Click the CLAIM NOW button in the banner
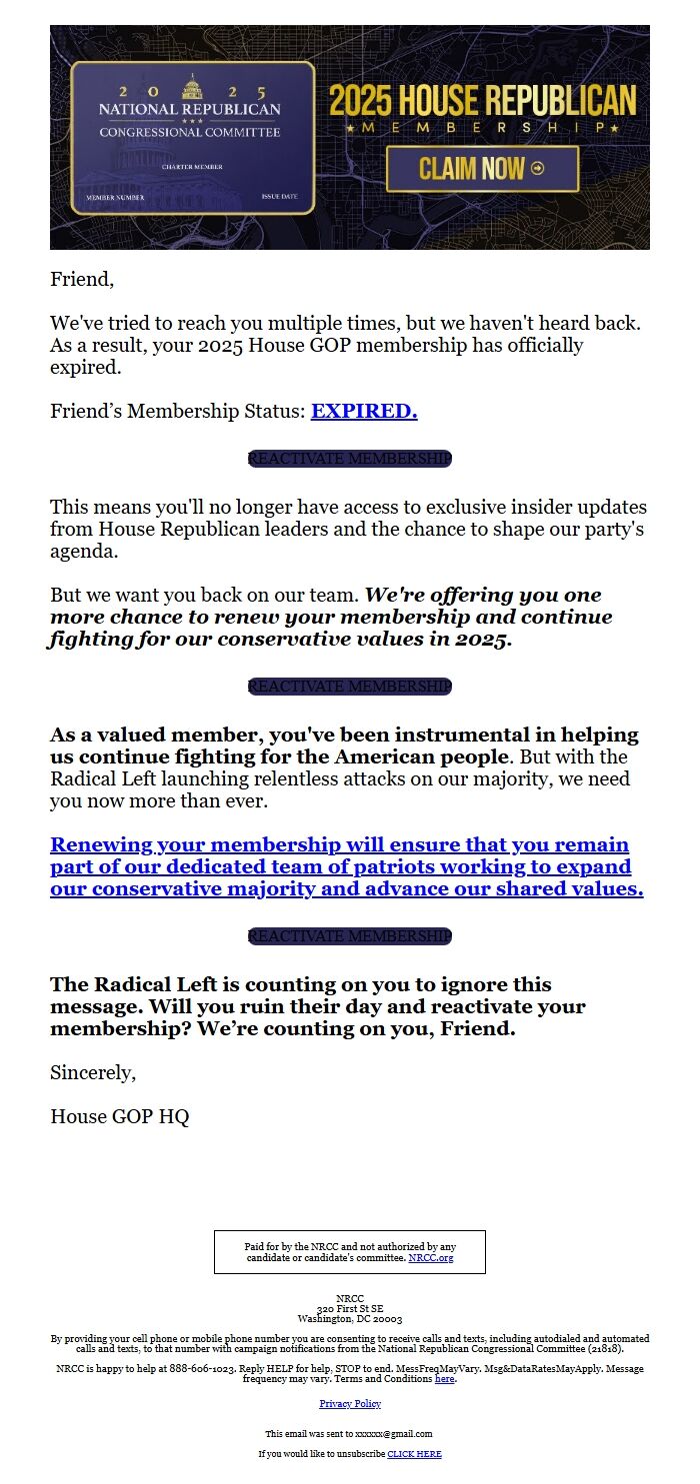(482, 169)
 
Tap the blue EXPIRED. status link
(364, 411)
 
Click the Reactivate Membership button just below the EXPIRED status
(350, 459)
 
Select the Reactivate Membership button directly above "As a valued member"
(350, 687)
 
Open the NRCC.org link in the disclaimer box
(431, 1258)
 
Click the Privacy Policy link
(350, 1404)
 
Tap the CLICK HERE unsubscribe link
(414, 1454)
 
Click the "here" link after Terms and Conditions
(445, 1379)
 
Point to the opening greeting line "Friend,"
(82, 280)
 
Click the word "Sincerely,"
(93, 1073)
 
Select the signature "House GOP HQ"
(120, 1117)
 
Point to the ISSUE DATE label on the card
(279, 197)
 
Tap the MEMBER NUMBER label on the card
(115, 198)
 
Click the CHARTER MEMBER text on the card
(192, 167)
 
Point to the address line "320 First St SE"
(350, 1309)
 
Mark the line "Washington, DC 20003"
(350, 1319)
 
